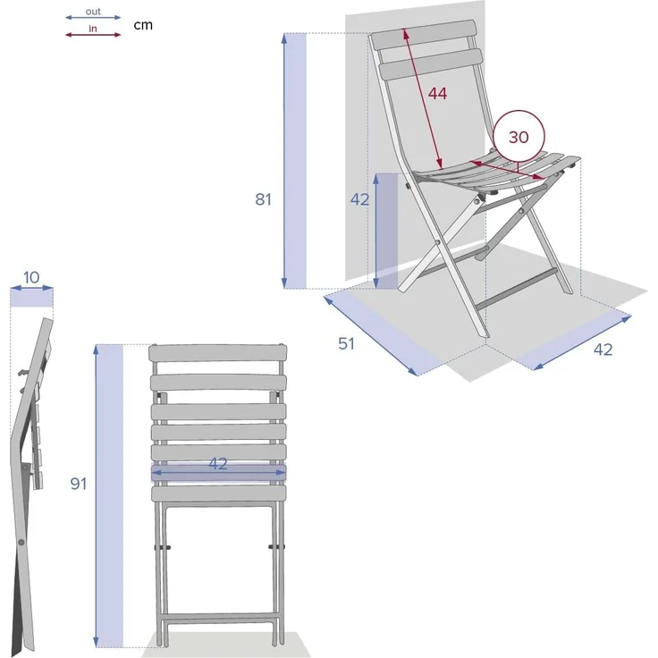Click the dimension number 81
pos(263,199)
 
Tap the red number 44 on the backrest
pos(437,94)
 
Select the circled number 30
pos(519,137)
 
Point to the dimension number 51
pos(346,343)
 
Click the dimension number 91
pos(79,484)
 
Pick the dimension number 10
pos(31,277)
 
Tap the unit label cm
pos(143,25)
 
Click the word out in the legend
pos(93,12)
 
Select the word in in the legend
pos(93,29)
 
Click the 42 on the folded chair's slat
pos(218,463)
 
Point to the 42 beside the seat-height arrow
pos(360,199)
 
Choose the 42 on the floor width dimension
pos(603,350)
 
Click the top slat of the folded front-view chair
pos(218,353)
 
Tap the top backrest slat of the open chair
pos(424,35)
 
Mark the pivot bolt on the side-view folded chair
pos(21,543)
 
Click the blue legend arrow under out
pos(93,18)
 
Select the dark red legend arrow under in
pos(93,35)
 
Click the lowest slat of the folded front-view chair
pos(218,493)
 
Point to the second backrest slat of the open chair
pos(430,64)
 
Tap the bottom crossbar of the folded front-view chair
pos(218,618)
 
